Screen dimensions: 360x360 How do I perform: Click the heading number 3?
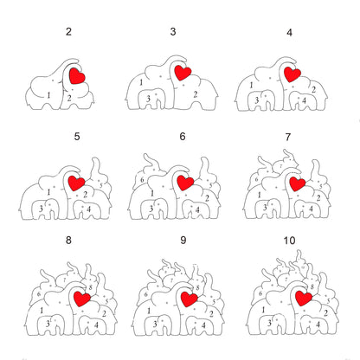pos(173,32)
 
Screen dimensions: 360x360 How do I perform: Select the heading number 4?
pos(289,32)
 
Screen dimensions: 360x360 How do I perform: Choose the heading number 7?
pos(289,136)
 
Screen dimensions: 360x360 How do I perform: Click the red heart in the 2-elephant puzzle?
pos(77,76)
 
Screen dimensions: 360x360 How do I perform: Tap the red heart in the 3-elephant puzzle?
pos(183,73)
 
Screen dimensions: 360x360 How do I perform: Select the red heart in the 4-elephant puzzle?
pos(292,74)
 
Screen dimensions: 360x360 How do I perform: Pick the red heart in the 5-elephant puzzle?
pos(76,183)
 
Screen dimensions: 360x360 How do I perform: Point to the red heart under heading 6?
pos(183,183)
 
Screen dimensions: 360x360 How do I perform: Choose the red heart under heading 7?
pos(298,183)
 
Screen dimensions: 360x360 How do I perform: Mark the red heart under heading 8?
pos(84,299)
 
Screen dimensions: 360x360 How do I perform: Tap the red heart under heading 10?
pos(303,299)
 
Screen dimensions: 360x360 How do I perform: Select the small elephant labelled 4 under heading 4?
pos(302,103)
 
